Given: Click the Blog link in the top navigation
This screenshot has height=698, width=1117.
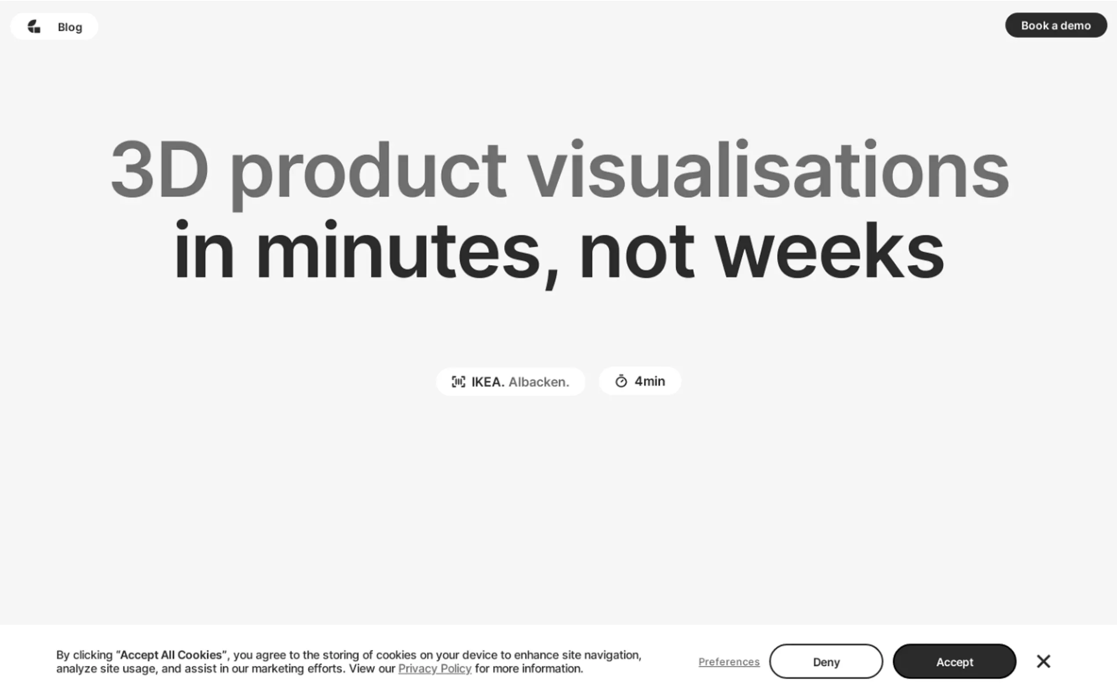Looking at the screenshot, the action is (70, 27).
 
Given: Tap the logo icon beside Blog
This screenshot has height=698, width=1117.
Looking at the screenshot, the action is (34, 26).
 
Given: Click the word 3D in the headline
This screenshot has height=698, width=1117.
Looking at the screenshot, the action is (159, 169).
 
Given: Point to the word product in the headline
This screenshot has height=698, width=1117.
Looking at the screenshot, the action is (368, 174).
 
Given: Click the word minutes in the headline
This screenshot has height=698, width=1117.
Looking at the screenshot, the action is (398, 249).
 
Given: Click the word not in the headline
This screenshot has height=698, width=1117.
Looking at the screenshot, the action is (637, 252).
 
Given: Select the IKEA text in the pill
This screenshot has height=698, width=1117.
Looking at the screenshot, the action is (488, 382).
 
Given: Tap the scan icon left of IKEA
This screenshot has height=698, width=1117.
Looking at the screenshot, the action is (458, 382).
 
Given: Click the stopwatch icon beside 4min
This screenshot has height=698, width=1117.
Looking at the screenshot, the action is (621, 381).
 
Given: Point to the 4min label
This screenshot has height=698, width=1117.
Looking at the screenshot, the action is (650, 381).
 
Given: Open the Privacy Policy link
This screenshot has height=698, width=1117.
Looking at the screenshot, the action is (434, 669).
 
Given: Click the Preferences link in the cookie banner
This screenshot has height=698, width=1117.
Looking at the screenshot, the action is (729, 662).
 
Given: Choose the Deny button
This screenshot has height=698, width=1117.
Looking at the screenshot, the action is (825, 662).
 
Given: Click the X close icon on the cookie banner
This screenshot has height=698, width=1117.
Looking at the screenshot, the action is (1043, 661).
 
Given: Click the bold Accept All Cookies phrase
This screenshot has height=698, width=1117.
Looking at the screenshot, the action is (171, 654).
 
